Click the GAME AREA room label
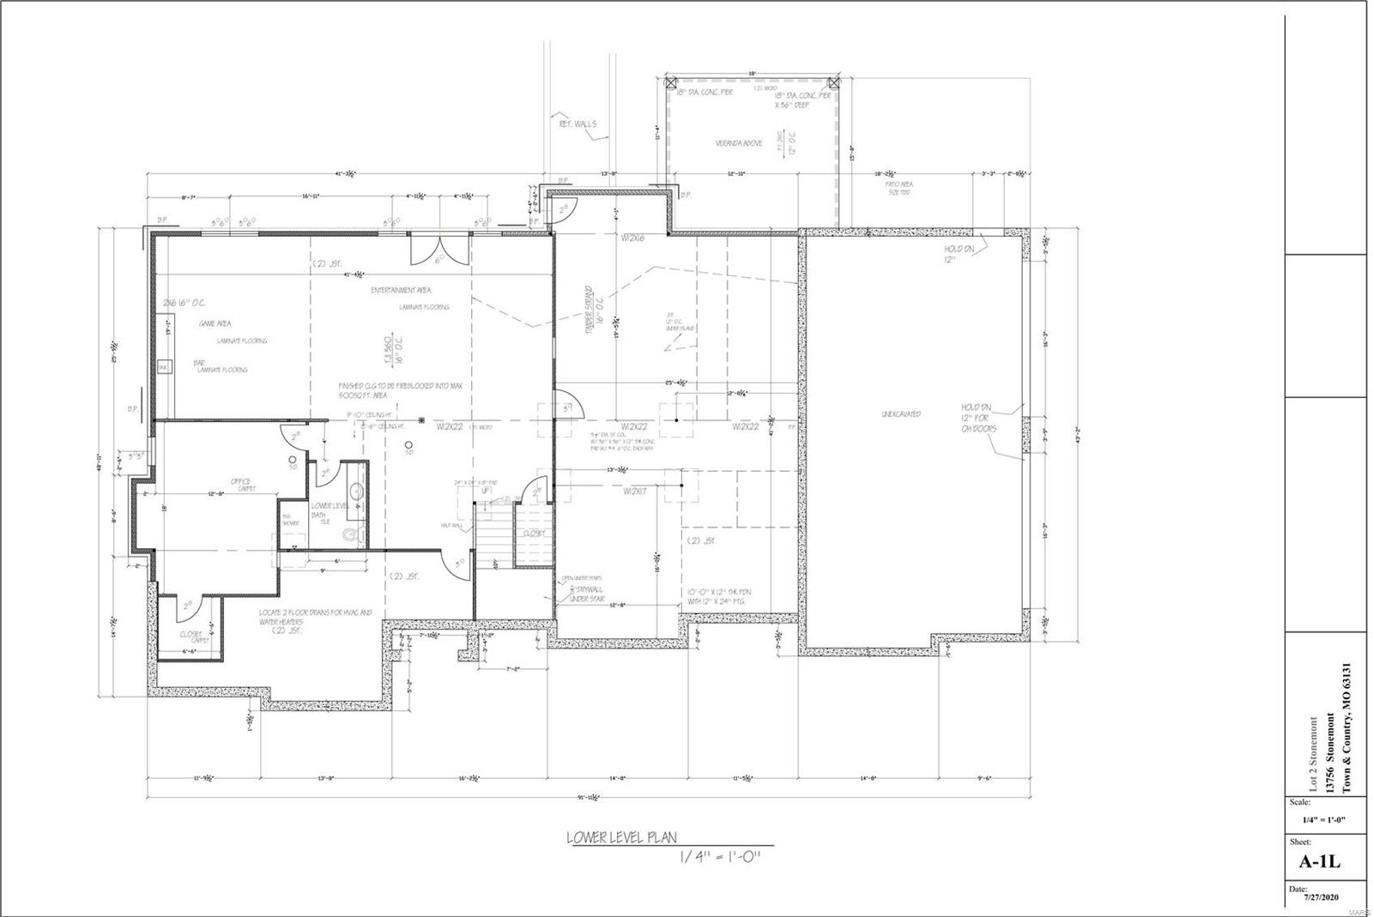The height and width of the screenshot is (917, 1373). (x=215, y=324)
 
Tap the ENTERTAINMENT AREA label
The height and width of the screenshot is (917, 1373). (x=401, y=290)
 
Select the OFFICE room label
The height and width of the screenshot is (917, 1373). (x=240, y=481)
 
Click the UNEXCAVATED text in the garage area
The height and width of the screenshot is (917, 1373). (x=901, y=414)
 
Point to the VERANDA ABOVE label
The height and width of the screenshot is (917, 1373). (x=739, y=143)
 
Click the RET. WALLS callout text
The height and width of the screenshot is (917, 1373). (x=578, y=124)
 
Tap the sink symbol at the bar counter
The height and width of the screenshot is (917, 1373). (x=163, y=367)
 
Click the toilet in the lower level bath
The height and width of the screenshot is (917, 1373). (x=349, y=534)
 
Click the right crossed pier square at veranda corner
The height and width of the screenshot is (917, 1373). (x=834, y=82)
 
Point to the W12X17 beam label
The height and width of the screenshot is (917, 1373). (x=635, y=492)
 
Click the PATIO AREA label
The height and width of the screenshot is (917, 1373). (x=898, y=184)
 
